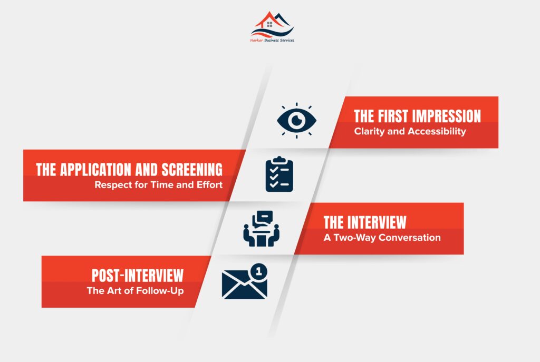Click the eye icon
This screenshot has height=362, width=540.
296,121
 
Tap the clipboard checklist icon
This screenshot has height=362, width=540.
279,174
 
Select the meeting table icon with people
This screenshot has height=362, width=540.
261,229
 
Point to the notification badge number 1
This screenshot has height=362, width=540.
259,271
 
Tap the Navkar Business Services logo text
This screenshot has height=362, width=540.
272,40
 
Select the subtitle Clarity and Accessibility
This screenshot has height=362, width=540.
410,131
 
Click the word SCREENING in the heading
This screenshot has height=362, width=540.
192,169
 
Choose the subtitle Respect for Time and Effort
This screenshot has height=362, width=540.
158,185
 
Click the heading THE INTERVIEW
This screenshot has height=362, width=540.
365,222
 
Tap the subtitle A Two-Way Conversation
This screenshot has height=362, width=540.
382,238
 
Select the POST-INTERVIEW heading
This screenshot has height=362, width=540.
138,275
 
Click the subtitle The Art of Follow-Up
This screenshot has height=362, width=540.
136,291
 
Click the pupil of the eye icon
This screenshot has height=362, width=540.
297,120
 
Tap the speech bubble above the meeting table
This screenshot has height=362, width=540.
263,218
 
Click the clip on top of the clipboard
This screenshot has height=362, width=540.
279,160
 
